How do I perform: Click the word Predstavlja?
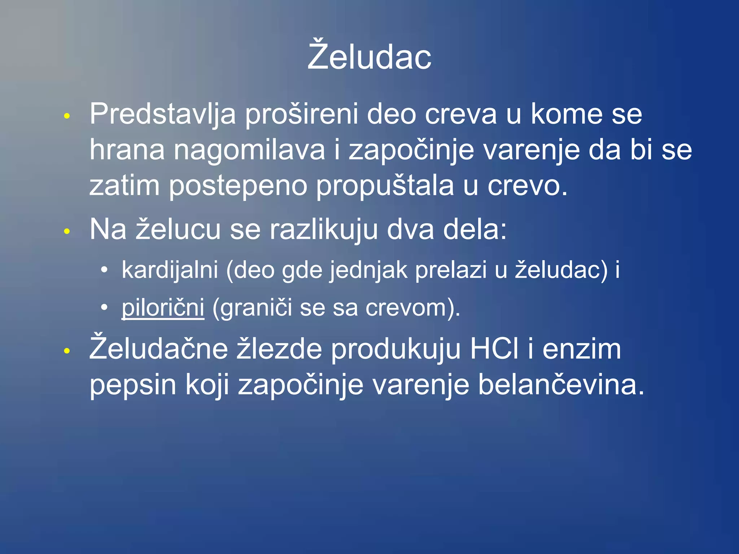pos(162,114)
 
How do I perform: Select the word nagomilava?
pos(249,150)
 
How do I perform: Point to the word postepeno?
pos(238,186)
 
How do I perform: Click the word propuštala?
pos(385,186)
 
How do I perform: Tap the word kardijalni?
pos(170,270)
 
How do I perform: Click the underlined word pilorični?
pos(163,308)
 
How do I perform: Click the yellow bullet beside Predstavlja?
pos(67,116)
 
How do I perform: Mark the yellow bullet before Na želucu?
pos(67,231)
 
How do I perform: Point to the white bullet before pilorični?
pos(104,308)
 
